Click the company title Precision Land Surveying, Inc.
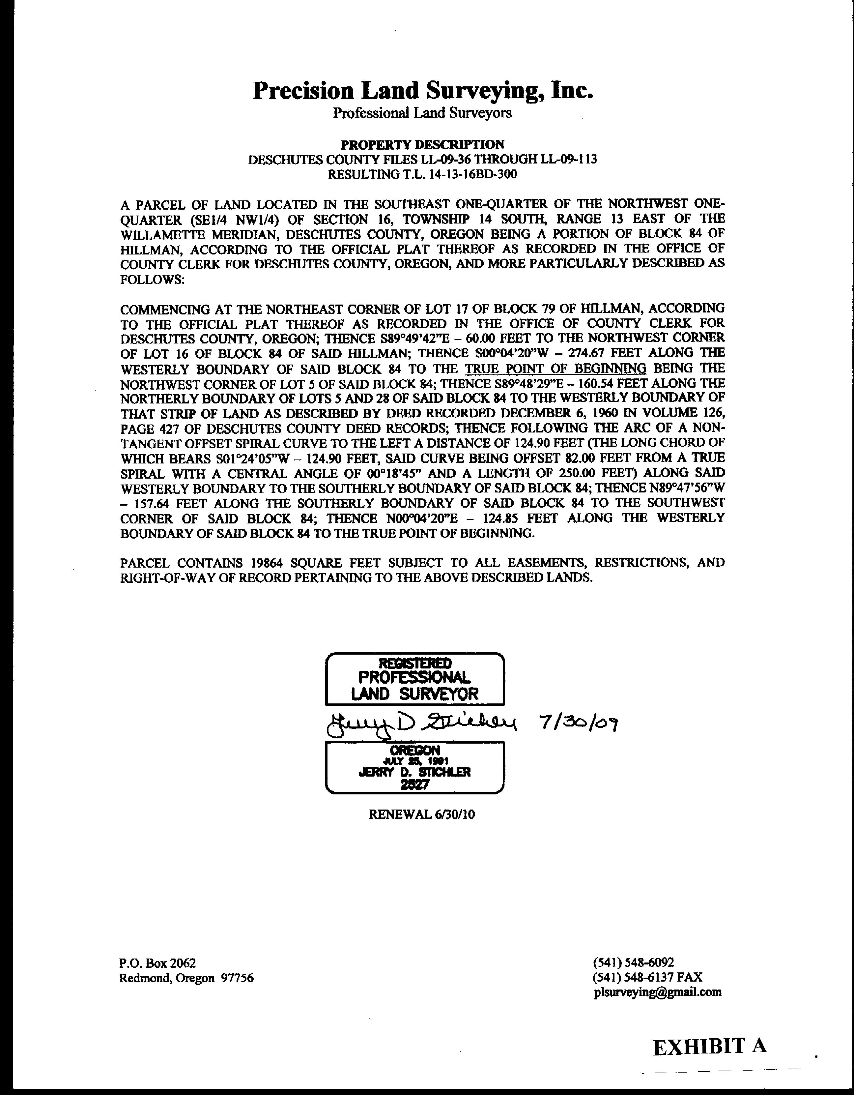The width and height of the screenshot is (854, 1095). point(422,91)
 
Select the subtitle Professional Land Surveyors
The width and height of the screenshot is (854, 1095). point(422,113)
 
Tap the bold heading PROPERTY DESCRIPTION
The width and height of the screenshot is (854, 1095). point(422,145)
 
